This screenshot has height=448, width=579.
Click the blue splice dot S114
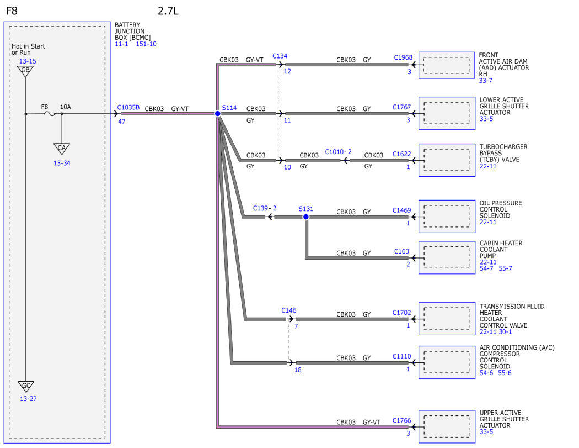218,114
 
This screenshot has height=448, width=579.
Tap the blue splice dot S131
305,217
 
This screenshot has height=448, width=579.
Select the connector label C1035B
128,107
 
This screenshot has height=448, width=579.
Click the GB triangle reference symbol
25,71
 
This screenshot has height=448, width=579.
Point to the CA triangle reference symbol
62,149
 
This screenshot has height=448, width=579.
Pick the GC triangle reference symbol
26,386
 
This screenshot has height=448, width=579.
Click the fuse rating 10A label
66,107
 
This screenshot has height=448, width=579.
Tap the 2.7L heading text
168,10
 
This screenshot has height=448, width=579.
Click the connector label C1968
403,57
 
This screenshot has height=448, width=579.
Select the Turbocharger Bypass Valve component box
447,160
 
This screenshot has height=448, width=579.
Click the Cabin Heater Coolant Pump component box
447,257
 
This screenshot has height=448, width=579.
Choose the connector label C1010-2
338,152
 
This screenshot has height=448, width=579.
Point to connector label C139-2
264,208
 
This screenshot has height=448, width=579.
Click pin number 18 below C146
298,370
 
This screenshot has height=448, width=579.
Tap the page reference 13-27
28,399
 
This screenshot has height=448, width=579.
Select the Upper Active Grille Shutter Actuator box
447,426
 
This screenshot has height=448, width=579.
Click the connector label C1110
402,356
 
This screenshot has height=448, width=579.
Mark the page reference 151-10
146,44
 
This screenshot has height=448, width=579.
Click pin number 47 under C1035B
121,122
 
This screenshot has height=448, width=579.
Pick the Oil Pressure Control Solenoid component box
447,217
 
